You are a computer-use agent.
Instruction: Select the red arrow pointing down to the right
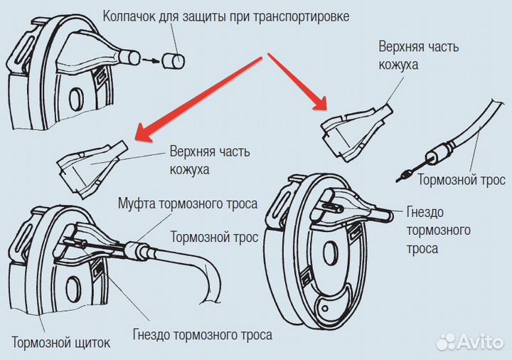click(x=294, y=78)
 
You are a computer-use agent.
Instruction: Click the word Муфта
click(x=134, y=204)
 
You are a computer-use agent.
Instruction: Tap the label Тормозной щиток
click(x=61, y=344)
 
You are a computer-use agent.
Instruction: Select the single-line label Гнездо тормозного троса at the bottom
click(x=203, y=334)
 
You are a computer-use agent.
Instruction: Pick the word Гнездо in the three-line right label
click(x=425, y=212)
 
